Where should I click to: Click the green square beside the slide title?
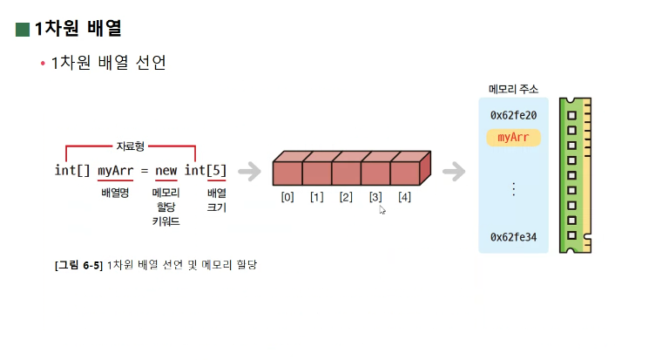(22, 30)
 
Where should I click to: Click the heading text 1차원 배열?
(78, 29)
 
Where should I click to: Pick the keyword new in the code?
(166, 170)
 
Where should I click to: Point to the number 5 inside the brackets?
(217, 170)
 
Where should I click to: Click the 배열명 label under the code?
(115, 192)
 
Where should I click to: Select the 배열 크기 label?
(216, 200)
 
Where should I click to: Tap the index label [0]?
(287, 197)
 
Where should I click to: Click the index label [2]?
(346, 197)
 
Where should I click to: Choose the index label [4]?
(404, 197)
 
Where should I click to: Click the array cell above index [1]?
(316, 172)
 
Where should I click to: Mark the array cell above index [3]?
(375, 172)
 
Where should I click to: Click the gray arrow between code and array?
(250, 171)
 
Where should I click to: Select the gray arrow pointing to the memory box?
(454, 171)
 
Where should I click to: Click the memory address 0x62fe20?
(513, 115)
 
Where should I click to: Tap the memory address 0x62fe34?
(513, 236)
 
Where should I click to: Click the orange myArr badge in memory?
(513, 138)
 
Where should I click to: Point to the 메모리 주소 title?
(513, 89)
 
